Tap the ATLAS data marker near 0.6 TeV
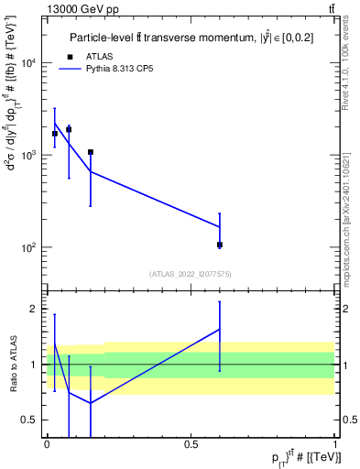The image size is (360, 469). tap(220, 245)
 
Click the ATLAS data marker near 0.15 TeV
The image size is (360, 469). tap(91, 152)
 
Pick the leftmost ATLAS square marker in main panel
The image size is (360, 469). tap(55, 134)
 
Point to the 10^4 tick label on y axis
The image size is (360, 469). tap(29, 63)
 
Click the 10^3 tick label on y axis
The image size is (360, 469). tap(29, 156)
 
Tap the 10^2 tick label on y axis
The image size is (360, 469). tap(29, 248)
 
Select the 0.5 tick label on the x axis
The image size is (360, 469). tap(191, 444)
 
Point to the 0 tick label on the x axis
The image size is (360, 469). tap(47, 444)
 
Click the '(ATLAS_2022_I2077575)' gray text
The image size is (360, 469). tap(191, 273)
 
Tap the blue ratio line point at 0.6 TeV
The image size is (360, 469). tap(220, 329)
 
